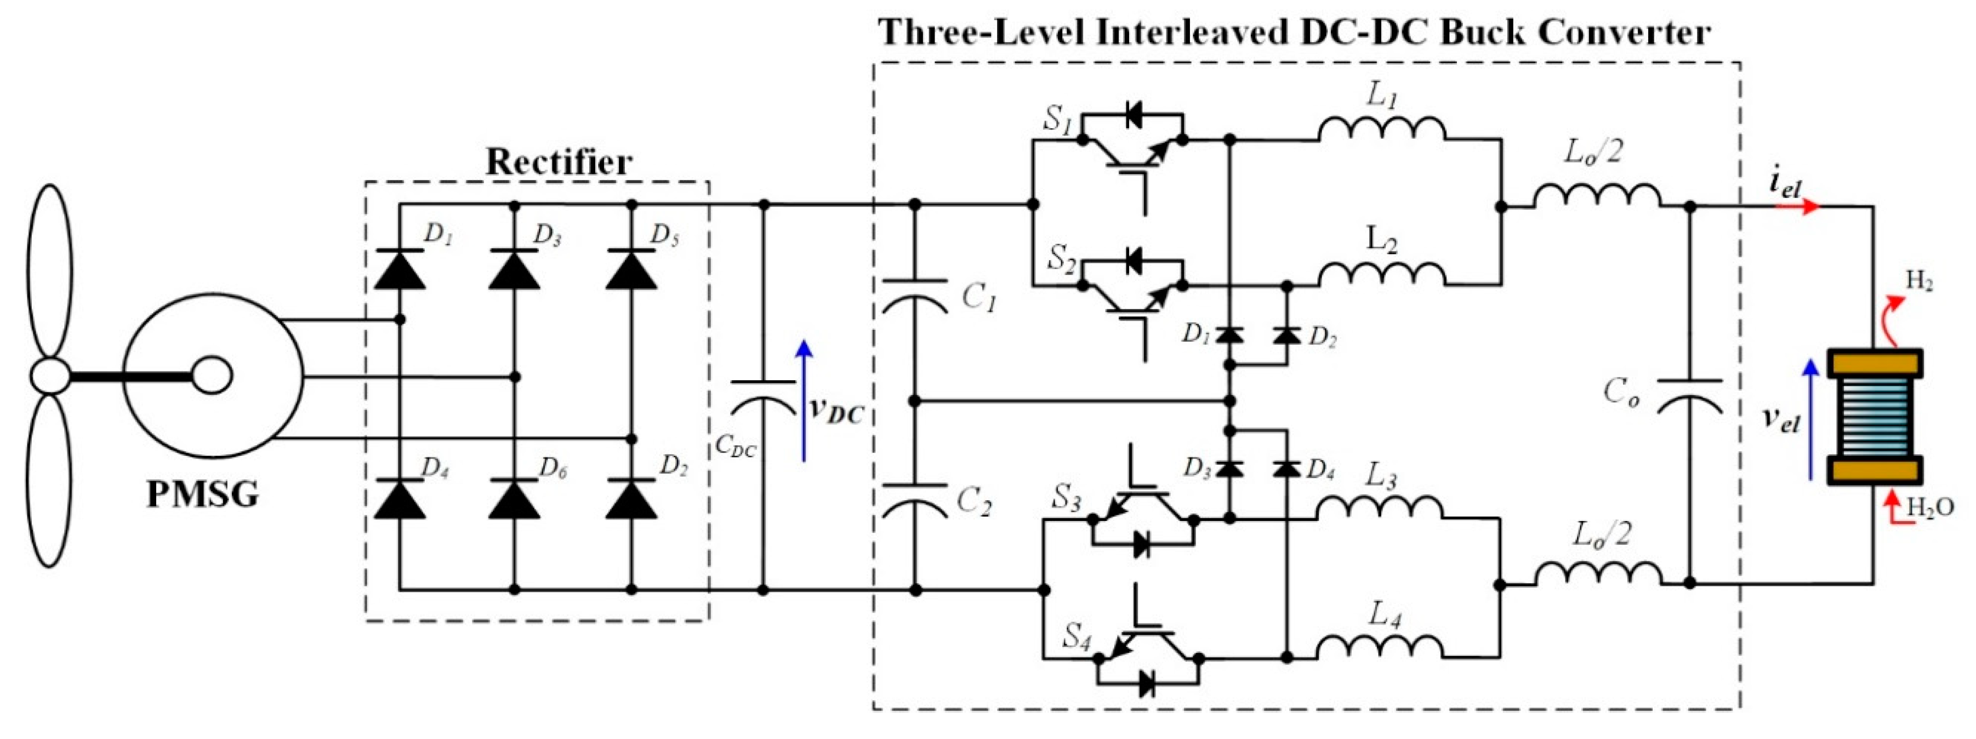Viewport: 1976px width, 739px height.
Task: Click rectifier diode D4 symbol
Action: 400,500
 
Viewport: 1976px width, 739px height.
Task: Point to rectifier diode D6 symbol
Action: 515,500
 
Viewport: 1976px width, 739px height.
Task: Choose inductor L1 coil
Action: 1381,130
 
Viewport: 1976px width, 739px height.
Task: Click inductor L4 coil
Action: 1380,647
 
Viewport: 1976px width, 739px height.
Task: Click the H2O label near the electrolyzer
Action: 1930,507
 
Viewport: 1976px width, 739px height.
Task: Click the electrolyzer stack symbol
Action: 1874,417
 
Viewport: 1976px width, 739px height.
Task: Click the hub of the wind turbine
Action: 50,376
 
